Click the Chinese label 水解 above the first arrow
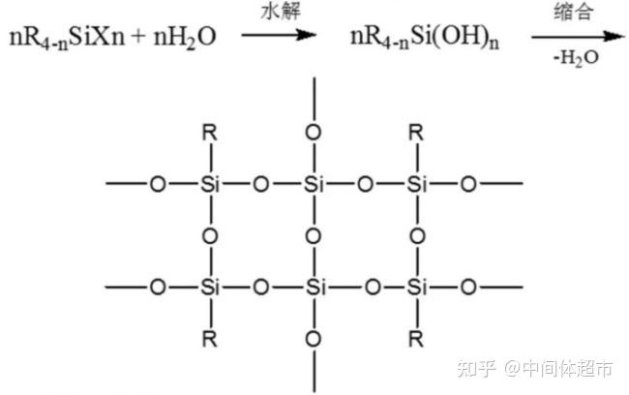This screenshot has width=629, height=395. pyautogui.click(x=281, y=12)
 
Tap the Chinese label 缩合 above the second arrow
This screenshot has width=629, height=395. pyautogui.click(x=573, y=12)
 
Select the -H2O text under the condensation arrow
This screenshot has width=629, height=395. pyautogui.click(x=576, y=58)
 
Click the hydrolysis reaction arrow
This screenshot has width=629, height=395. pyautogui.click(x=279, y=35)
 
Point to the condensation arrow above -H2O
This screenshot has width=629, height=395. pyautogui.click(x=578, y=37)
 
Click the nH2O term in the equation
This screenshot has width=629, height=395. pyautogui.click(x=185, y=38)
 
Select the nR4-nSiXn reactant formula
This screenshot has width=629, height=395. pyautogui.click(x=67, y=38)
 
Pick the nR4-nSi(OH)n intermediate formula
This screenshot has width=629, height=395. pyautogui.click(x=425, y=38)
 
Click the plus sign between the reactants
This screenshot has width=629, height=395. pyautogui.click(x=138, y=36)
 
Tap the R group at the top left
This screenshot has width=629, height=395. pyautogui.click(x=210, y=133)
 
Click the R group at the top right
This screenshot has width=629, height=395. pyautogui.click(x=416, y=133)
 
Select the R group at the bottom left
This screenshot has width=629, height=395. pyautogui.click(x=210, y=340)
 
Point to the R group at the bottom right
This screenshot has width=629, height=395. pyautogui.click(x=416, y=340)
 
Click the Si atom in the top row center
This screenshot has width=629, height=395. pyautogui.click(x=314, y=184)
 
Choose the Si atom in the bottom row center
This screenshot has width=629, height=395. pyautogui.click(x=315, y=288)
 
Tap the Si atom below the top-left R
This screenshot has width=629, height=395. pyautogui.click(x=210, y=184)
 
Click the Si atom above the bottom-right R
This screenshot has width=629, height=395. pyautogui.click(x=417, y=288)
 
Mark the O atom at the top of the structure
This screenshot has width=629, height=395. pyautogui.click(x=314, y=133)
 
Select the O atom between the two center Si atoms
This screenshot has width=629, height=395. pyautogui.click(x=314, y=236)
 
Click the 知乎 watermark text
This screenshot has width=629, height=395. pyautogui.click(x=476, y=368)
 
